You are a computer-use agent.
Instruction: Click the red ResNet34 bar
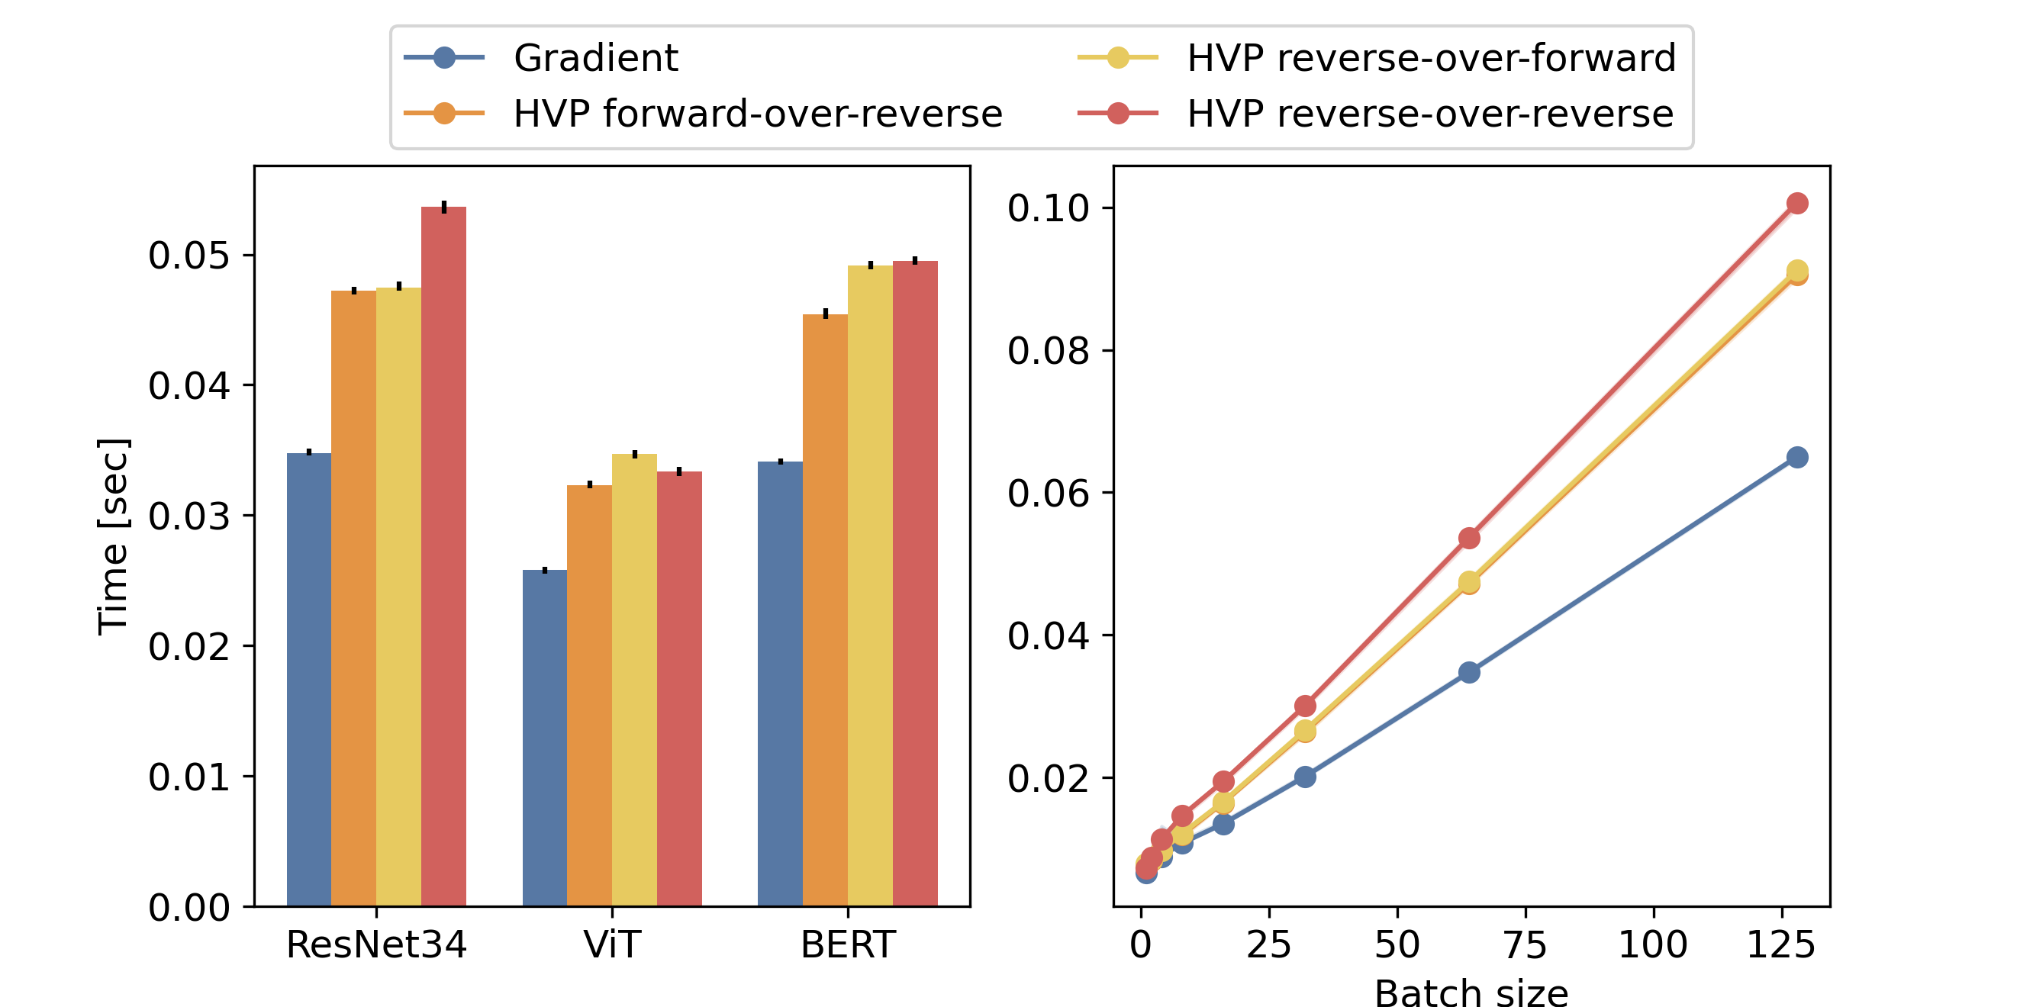443,556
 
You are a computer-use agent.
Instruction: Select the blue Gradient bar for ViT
545,738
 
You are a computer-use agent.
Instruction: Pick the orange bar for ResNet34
353,598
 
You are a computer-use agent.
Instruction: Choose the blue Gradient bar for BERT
780,684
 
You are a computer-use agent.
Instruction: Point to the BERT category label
848,944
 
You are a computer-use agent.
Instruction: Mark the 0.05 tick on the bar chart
189,256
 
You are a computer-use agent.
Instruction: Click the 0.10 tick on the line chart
1048,208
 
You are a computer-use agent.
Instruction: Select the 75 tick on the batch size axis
1526,944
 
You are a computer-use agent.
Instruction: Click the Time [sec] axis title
113,536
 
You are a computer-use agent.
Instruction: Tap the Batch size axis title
1471,992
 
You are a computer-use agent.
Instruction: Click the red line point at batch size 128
1797,204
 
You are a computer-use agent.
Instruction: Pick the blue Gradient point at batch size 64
1469,672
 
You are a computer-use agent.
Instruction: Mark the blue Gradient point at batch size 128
1797,457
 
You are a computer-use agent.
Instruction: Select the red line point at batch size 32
1306,706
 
